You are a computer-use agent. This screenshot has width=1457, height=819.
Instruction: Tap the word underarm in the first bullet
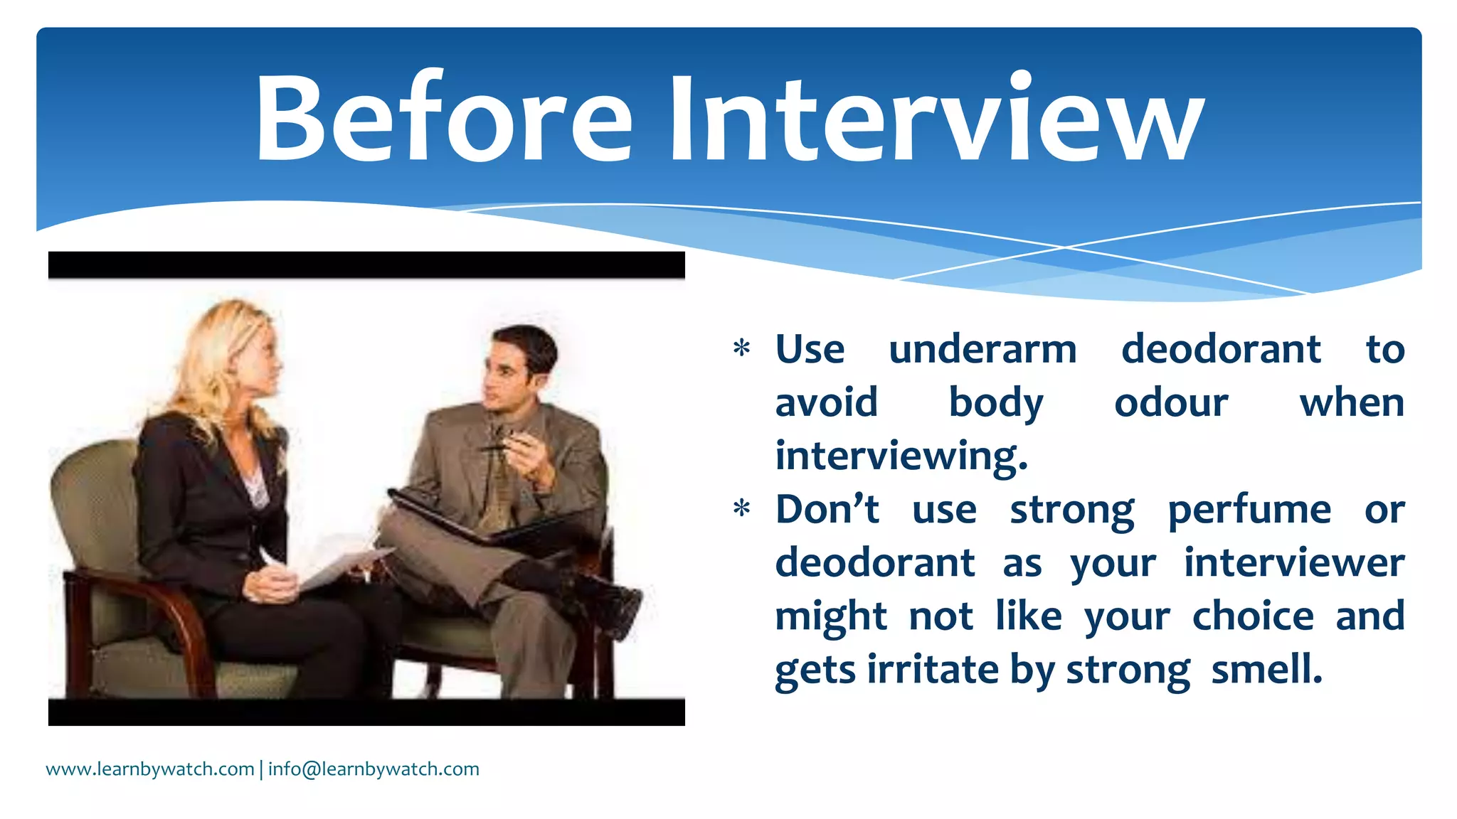982,350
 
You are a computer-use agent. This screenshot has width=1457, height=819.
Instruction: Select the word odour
1171,403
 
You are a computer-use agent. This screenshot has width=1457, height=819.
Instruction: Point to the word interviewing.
901,456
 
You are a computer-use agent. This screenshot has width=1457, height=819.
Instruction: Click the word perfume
1249,510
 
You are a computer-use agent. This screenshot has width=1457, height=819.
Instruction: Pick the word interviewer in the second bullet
1294,563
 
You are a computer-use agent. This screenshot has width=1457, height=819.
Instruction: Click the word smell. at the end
1266,670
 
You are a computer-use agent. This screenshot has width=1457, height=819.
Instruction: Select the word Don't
827,510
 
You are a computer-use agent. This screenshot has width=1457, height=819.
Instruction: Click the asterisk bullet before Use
741,349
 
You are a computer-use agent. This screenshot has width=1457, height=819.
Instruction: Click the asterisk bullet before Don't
741,510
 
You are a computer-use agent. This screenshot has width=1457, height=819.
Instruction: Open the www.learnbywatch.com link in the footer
150,769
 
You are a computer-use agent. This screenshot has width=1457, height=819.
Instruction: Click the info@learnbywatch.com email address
373,769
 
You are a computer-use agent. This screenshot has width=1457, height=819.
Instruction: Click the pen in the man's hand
498,447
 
